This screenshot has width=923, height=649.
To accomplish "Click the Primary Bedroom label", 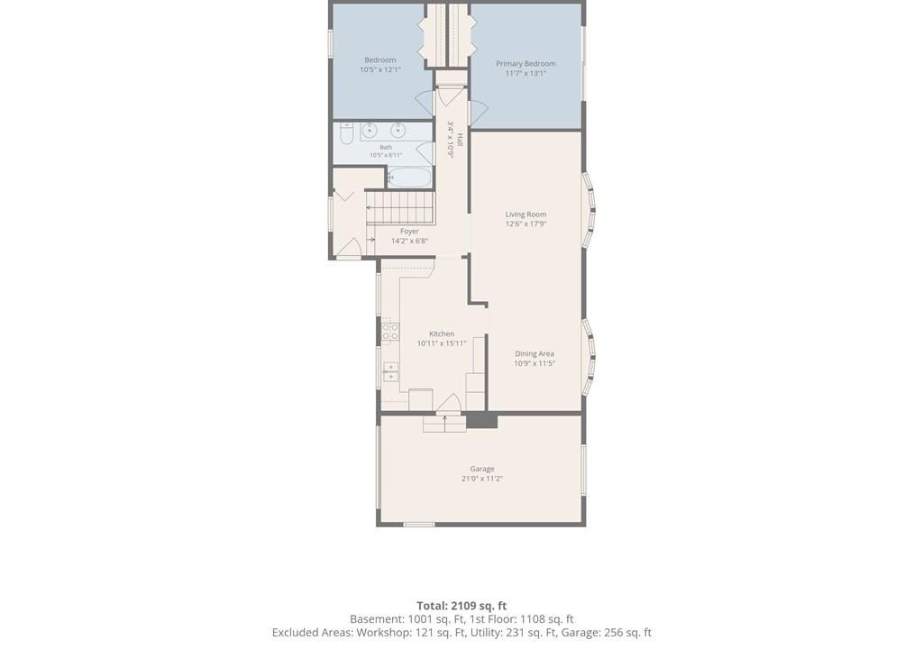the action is (525, 64).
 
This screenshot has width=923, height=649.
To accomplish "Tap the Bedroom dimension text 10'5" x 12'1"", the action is (380, 69).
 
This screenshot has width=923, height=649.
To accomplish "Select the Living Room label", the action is (525, 215).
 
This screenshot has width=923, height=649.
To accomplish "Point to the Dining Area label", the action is (535, 354).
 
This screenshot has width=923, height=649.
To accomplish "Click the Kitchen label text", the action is (442, 334).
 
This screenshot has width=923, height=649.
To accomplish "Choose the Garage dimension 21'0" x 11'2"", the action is (482, 479).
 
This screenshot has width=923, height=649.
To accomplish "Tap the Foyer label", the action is (410, 232).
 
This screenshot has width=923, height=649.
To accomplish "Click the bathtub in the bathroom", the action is (409, 178).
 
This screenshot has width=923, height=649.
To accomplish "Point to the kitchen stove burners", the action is (390, 332).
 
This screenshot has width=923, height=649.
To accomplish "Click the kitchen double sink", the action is (391, 372).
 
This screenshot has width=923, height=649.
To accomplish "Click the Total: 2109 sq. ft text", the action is (461, 606).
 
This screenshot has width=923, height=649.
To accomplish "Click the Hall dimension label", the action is (451, 140).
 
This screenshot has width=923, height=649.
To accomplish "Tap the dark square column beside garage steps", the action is (481, 420).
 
